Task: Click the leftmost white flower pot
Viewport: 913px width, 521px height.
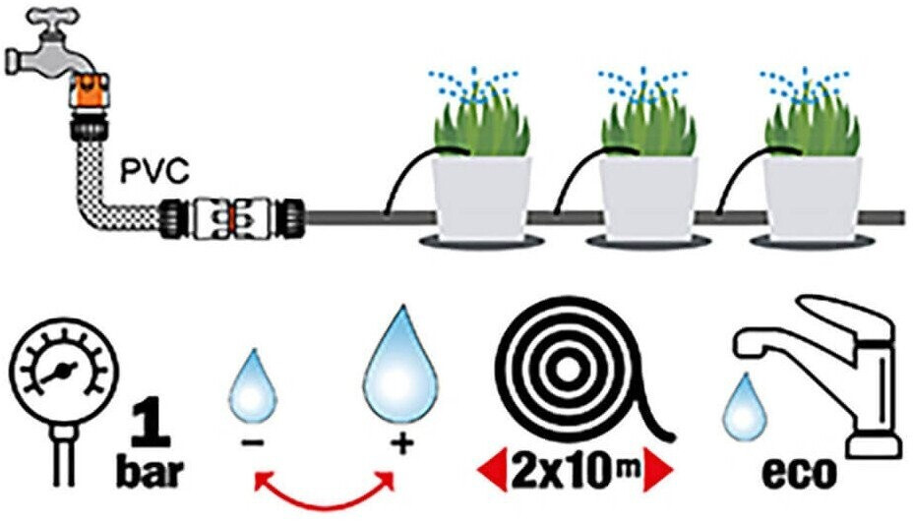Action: (482, 199)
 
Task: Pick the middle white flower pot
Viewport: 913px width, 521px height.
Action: (647, 199)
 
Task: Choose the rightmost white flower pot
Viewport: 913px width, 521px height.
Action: (813, 199)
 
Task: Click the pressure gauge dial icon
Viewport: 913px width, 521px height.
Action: (60, 374)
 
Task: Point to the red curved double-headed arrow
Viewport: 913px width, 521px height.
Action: (324, 490)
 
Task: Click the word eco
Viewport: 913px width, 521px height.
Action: (796, 473)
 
